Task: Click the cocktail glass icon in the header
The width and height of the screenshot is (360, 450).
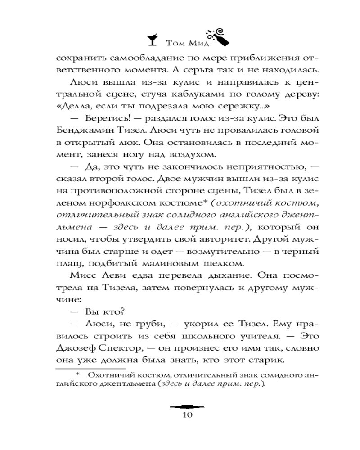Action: [153, 40]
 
